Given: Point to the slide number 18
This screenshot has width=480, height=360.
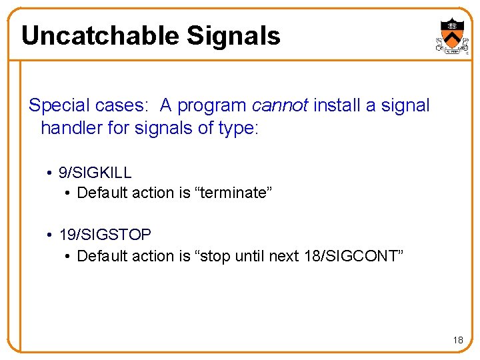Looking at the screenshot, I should pyautogui.click(x=458, y=340).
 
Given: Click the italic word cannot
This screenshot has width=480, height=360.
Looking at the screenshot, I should pyautogui.click(x=280, y=105).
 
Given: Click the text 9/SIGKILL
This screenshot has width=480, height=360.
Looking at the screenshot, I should pyautogui.click(x=95, y=172).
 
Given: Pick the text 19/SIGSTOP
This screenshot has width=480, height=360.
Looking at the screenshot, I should pyautogui.click(x=105, y=235).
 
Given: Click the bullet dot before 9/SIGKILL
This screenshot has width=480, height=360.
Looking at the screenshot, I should pyautogui.click(x=50, y=173).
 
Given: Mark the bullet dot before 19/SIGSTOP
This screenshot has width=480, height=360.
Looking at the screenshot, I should pyautogui.click(x=50, y=235).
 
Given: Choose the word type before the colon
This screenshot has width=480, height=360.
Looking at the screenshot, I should pyautogui.click(x=236, y=128).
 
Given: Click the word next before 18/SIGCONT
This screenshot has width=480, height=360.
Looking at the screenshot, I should pyautogui.click(x=284, y=256).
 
